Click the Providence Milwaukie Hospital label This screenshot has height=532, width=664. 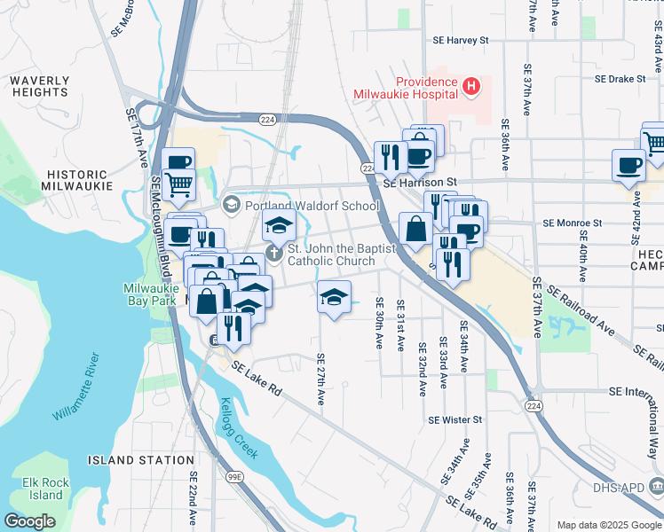coord(405,86)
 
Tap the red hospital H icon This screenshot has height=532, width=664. coord(471,86)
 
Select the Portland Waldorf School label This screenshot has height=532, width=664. coord(312,206)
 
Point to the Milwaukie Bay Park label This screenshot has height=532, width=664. coord(151,294)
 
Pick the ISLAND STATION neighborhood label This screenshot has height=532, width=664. coord(141,460)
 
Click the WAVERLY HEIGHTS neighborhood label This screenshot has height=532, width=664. coord(40,86)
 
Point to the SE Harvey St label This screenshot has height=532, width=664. coord(460,41)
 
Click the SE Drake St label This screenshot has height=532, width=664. coord(620,79)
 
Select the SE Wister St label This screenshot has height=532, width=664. coord(454,420)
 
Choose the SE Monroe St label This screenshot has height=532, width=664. coord(572,223)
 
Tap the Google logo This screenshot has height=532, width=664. coord(30,520)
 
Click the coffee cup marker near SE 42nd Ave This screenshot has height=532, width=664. coord(628,165)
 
